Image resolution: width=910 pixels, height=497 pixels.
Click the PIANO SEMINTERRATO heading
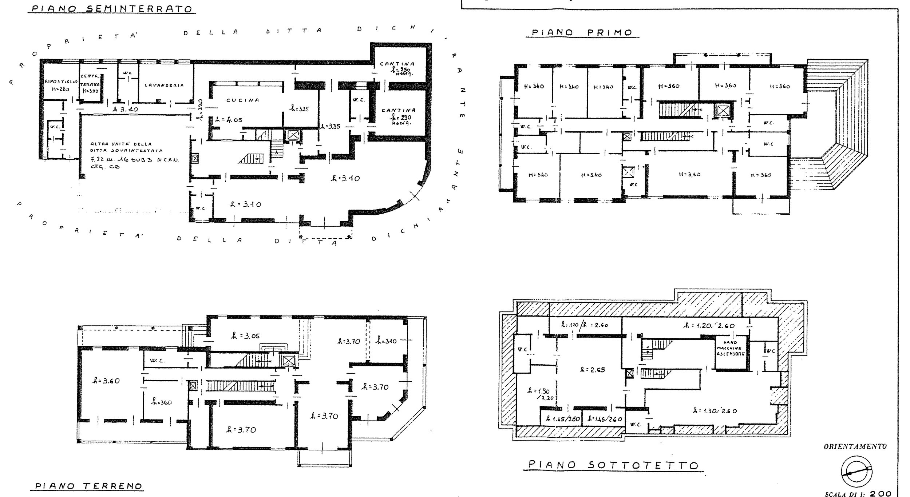(111, 9)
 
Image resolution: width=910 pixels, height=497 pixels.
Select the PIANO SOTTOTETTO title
(614, 465)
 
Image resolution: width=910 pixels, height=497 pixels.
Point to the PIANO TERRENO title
(89, 486)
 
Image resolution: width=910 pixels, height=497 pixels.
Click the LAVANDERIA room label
(164, 85)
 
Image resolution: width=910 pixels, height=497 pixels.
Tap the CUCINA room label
(243, 100)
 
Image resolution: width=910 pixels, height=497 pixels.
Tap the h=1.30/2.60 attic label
(715, 411)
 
